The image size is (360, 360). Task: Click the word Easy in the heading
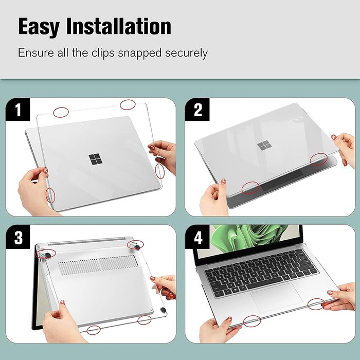coord(39,27)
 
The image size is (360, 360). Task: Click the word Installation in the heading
coord(119,26)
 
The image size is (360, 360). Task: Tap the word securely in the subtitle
coord(186,53)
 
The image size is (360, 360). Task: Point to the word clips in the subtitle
coord(103,53)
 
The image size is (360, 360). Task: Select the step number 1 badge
coord(17,110)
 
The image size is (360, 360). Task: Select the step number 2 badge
coord(197,110)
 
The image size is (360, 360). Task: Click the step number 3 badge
coord(17,237)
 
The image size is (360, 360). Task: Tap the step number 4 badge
coord(197,237)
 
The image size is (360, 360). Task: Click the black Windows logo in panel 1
coord(95,159)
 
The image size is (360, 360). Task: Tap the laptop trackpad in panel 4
coord(277,298)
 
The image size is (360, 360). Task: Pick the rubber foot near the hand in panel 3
coord(163,311)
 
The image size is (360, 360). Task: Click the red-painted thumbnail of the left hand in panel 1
coord(46,171)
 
